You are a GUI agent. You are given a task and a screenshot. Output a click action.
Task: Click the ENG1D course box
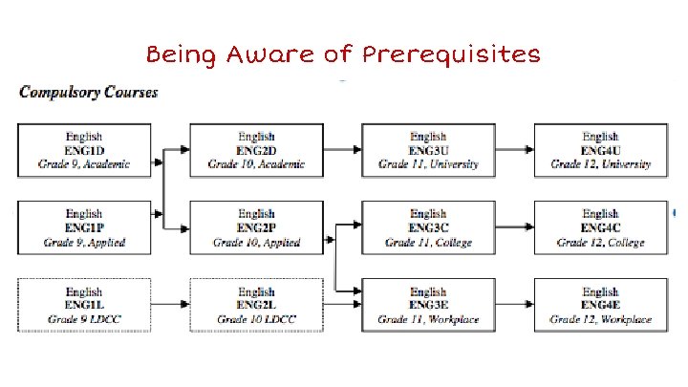pos(85,150)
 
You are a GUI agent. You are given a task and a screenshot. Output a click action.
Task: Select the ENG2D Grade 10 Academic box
pos(256,150)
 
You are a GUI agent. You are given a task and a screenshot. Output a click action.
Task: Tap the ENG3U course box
pos(428,150)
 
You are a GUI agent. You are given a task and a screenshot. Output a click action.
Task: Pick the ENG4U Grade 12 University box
pos(600,150)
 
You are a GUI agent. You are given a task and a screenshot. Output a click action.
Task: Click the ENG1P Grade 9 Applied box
pos(85,227)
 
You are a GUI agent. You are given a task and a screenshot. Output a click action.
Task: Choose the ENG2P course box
pos(256,227)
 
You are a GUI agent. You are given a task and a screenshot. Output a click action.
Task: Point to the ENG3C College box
pos(428,227)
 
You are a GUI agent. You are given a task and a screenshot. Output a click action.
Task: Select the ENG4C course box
pos(600,227)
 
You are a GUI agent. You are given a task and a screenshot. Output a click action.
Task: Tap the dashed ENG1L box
pos(85,305)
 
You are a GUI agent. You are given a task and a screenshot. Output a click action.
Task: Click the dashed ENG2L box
pos(256,305)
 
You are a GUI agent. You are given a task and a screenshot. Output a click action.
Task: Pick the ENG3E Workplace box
pos(428,305)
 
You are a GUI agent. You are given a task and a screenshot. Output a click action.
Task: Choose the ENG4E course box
pos(600,305)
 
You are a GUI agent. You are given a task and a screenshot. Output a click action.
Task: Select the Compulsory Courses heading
pos(89,94)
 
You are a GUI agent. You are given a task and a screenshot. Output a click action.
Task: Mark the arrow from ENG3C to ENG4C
pos(514,227)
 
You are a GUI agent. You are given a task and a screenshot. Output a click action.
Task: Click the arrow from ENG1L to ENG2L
pos(170,305)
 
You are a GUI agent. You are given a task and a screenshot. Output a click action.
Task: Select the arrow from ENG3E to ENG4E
pos(514,305)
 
